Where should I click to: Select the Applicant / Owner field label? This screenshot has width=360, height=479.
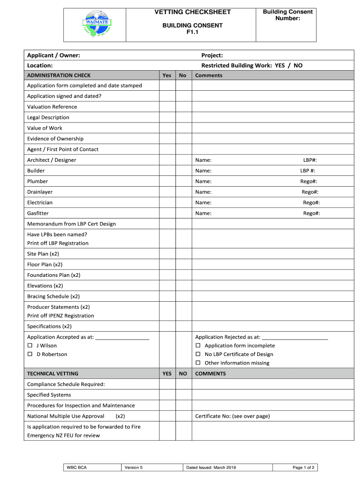click(x=53, y=56)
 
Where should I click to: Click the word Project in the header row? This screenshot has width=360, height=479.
click(x=212, y=56)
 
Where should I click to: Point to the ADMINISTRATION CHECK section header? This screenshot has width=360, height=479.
click(x=59, y=75)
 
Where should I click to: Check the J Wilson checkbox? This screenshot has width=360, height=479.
click(x=30, y=346)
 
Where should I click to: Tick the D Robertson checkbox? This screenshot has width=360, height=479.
click(x=30, y=355)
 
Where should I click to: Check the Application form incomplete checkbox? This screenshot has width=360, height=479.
click(x=198, y=346)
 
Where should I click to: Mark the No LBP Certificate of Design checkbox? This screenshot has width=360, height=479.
click(x=198, y=355)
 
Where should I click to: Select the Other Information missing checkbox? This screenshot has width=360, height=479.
click(x=198, y=363)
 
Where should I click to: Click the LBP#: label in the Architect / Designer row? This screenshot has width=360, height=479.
click(x=310, y=160)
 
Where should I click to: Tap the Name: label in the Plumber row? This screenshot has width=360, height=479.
click(x=203, y=181)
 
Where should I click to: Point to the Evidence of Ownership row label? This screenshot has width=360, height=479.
click(x=55, y=139)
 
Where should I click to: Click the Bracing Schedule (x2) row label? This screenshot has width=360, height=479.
click(x=53, y=297)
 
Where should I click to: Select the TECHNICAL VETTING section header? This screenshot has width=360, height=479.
click(x=53, y=374)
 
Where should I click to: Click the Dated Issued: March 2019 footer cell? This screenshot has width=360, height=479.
click(x=211, y=467)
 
